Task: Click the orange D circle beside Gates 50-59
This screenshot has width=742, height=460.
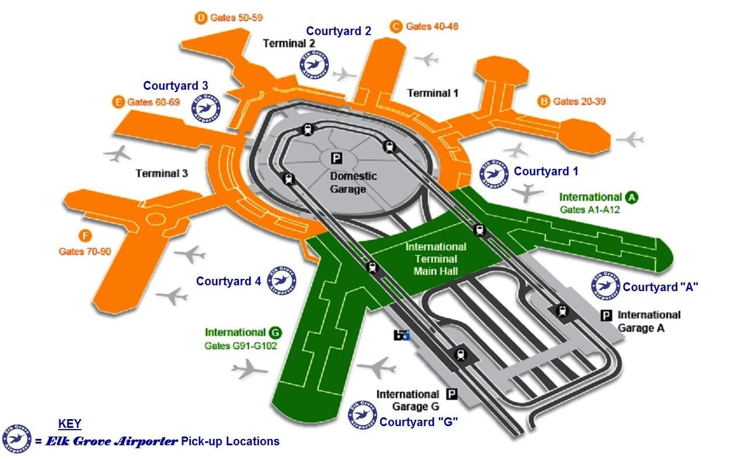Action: click(x=201, y=18)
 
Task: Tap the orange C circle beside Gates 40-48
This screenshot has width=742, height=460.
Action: click(x=396, y=27)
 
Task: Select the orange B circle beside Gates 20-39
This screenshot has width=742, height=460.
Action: click(x=544, y=101)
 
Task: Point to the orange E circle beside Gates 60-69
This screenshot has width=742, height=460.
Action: click(x=118, y=102)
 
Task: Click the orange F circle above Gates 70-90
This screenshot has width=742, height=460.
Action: click(x=85, y=236)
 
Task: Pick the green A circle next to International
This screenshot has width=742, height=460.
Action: click(x=632, y=198)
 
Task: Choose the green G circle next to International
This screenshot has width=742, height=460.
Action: click(x=275, y=333)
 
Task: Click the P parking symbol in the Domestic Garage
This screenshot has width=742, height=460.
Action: click(x=336, y=158)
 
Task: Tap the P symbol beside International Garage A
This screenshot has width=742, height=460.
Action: click(x=606, y=315)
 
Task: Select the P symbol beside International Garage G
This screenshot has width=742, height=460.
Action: click(x=452, y=394)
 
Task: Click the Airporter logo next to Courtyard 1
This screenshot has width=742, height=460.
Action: click(x=494, y=174)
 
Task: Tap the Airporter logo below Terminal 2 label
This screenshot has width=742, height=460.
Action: click(x=314, y=64)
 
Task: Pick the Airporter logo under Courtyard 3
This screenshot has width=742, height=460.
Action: click(x=206, y=108)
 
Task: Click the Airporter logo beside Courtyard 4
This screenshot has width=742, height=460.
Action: click(x=281, y=281)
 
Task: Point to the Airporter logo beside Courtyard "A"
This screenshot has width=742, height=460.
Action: click(x=605, y=286)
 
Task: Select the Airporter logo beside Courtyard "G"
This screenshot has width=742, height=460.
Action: click(x=362, y=415)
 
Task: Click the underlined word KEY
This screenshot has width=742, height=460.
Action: click(x=69, y=424)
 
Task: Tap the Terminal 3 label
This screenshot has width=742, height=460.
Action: click(x=161, y=173)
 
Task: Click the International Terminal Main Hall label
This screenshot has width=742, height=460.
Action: click(x=436, y=259)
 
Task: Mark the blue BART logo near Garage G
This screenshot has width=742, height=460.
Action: click(x=401, y=335)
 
